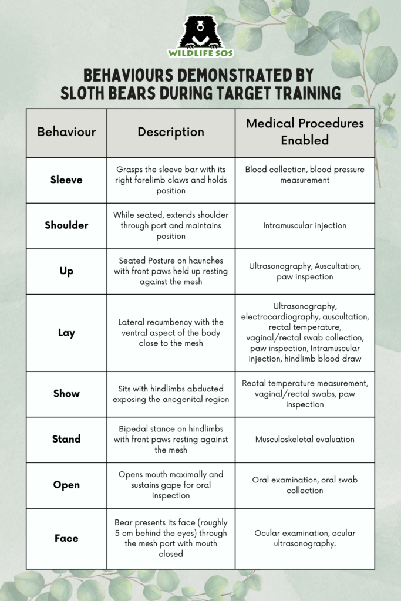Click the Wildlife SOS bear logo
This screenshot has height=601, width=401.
click(x=200, y=35)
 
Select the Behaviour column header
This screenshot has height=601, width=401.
click(x=66, y=132)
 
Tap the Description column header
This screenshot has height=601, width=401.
click(x=171, y=132)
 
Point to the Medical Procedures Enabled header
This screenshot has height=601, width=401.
click(x=305, y=132)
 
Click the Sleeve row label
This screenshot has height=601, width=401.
click(x=66, y=180)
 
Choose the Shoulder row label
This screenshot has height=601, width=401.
click(x=66, y=225)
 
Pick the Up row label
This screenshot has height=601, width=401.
click(x=66, y=271)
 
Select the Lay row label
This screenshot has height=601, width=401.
click(x=66, y=333)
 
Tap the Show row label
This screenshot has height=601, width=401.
click(x=66, y=394)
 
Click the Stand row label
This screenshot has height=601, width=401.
click(x=66, y=439)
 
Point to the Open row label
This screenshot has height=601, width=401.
click(x=66, y=485)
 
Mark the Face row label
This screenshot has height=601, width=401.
click(x=66, y=538)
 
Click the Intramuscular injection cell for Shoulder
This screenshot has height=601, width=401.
click(x=305, y=225)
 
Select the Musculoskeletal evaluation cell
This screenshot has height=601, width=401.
click(x=305, y=439)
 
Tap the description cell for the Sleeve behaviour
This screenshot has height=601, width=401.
click(x=171, y=180)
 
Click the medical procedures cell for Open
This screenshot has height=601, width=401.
click(x=305, y=485)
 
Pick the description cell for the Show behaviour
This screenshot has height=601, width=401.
click(x=171, y=394)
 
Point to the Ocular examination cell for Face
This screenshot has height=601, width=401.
click(x=305, y=538)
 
